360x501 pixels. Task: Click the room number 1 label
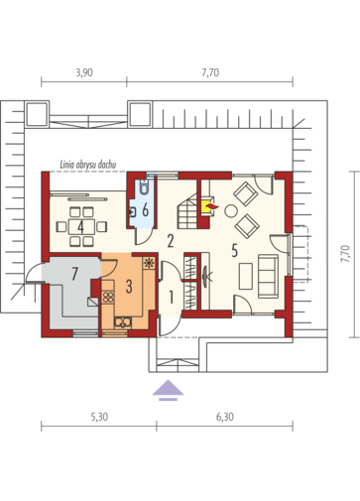point(171,297)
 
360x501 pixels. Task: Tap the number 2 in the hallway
point(171,241)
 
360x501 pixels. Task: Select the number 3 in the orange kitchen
point(129,287)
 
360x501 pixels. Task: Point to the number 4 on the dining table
point(80,226)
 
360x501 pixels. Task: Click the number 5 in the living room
point(234,250)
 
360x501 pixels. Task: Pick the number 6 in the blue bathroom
point(145,210)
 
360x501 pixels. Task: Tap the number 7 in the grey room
point(75,274)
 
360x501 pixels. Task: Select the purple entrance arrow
point(168,390)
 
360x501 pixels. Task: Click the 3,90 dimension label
point(84,72)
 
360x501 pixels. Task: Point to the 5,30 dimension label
point(99,417)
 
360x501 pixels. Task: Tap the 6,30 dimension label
point(225,417)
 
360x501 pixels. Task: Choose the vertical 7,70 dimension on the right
point(345,254)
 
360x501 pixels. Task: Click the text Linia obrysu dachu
point(87,165)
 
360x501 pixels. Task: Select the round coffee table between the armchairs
point(231,211)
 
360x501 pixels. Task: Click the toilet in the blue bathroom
point(144,187)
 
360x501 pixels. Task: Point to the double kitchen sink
point(123,322)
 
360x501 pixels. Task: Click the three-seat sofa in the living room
point(268,276)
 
